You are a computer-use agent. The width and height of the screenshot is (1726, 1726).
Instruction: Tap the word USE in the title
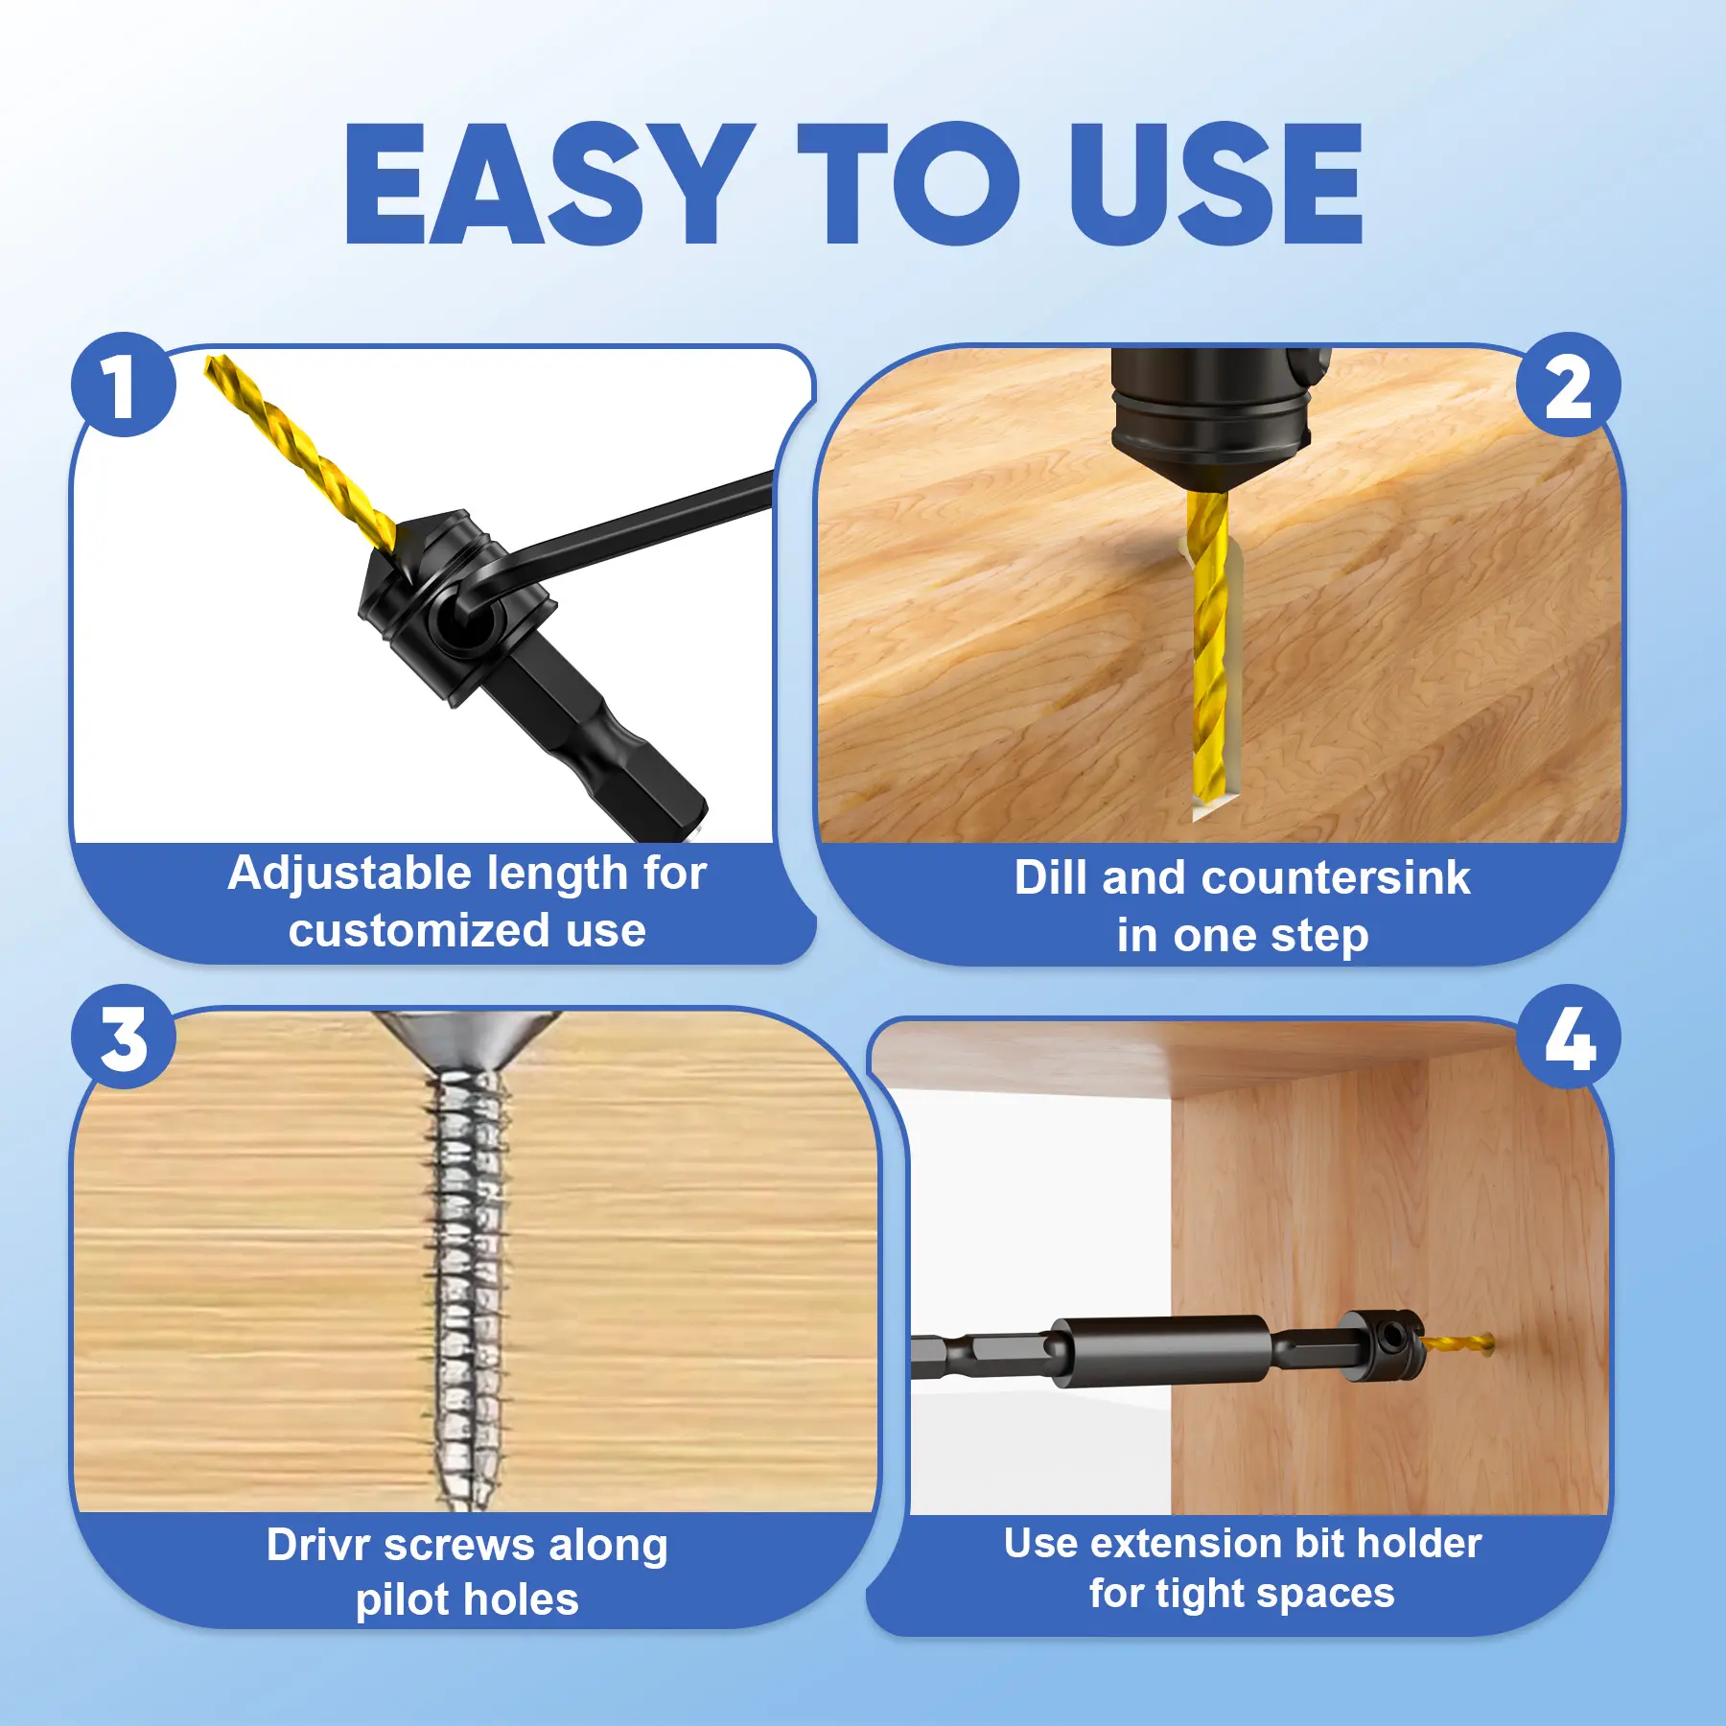tap(1216, 184)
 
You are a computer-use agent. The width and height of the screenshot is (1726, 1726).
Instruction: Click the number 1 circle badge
tap(124, 385)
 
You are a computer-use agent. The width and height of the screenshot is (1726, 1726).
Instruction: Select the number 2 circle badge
tap(1569, 385)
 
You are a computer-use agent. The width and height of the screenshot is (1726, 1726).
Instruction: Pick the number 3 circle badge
tap(124, 1037)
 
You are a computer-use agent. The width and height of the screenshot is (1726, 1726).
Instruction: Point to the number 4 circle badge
tap(1569, 1037)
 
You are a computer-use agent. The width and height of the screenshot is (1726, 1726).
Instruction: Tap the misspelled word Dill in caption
tap(1052, 877)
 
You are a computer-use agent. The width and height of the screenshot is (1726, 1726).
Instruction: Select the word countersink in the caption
tap(1334, 877)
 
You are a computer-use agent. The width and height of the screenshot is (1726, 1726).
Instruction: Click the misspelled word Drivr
tap(318, 1545)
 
